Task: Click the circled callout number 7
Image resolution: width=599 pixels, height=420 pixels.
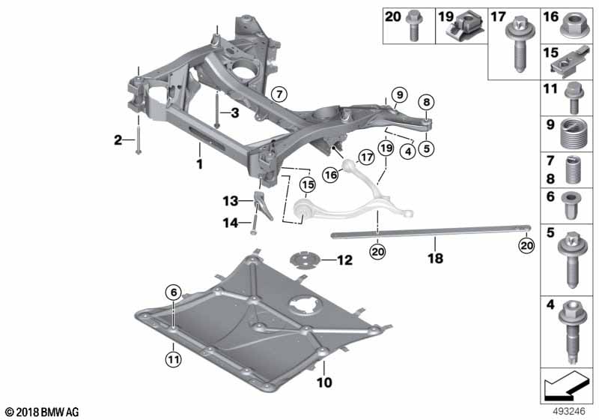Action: point(279,94)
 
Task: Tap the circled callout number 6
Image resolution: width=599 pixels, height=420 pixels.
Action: point(174,293)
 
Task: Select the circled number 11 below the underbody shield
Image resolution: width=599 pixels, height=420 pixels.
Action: point(174,359)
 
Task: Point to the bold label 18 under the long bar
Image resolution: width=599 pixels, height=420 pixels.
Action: point(436,258)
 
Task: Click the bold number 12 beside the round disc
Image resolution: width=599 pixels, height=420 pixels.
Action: point(344,260)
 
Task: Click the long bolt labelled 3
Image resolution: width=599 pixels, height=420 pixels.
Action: point(216,109)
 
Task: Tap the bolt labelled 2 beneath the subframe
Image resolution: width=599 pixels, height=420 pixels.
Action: point(138,139)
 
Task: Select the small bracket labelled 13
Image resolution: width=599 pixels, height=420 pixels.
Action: point(264,205)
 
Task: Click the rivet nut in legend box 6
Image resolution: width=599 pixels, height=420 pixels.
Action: point(571,205)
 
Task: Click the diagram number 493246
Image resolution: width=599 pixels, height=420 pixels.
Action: point(569,412)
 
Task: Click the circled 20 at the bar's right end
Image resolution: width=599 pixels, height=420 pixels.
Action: point(526,245)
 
